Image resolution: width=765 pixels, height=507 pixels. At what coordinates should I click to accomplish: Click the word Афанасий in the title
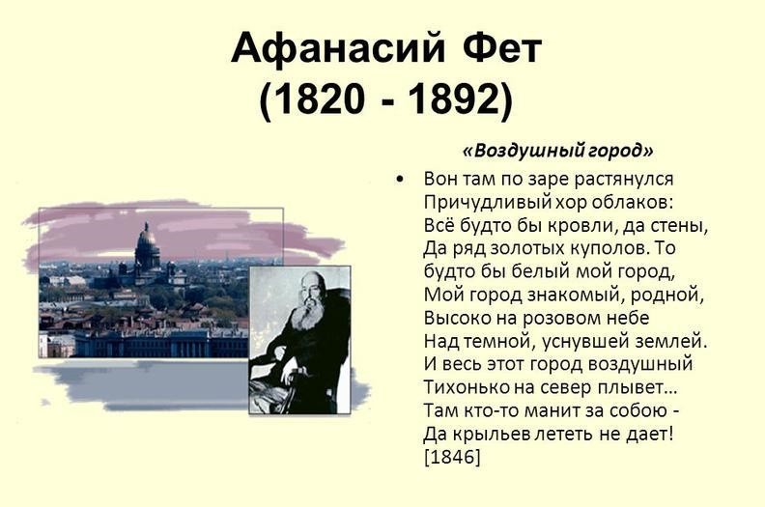[338, 48]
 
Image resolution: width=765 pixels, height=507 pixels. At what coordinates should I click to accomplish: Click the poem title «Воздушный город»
[557, 151]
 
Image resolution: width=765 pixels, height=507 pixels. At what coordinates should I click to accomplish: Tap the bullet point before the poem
[400, 180]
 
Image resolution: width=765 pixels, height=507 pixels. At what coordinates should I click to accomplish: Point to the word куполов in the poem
[609, 249]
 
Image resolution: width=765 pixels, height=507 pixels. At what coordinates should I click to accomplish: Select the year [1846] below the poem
[452, 458]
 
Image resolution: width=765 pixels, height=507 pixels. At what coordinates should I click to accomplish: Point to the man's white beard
[307, 316]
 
